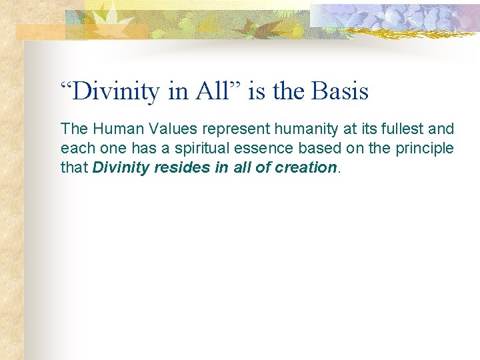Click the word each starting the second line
74,147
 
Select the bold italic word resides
182,167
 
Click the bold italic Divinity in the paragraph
121,167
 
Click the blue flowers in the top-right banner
400,17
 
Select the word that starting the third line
73,167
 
